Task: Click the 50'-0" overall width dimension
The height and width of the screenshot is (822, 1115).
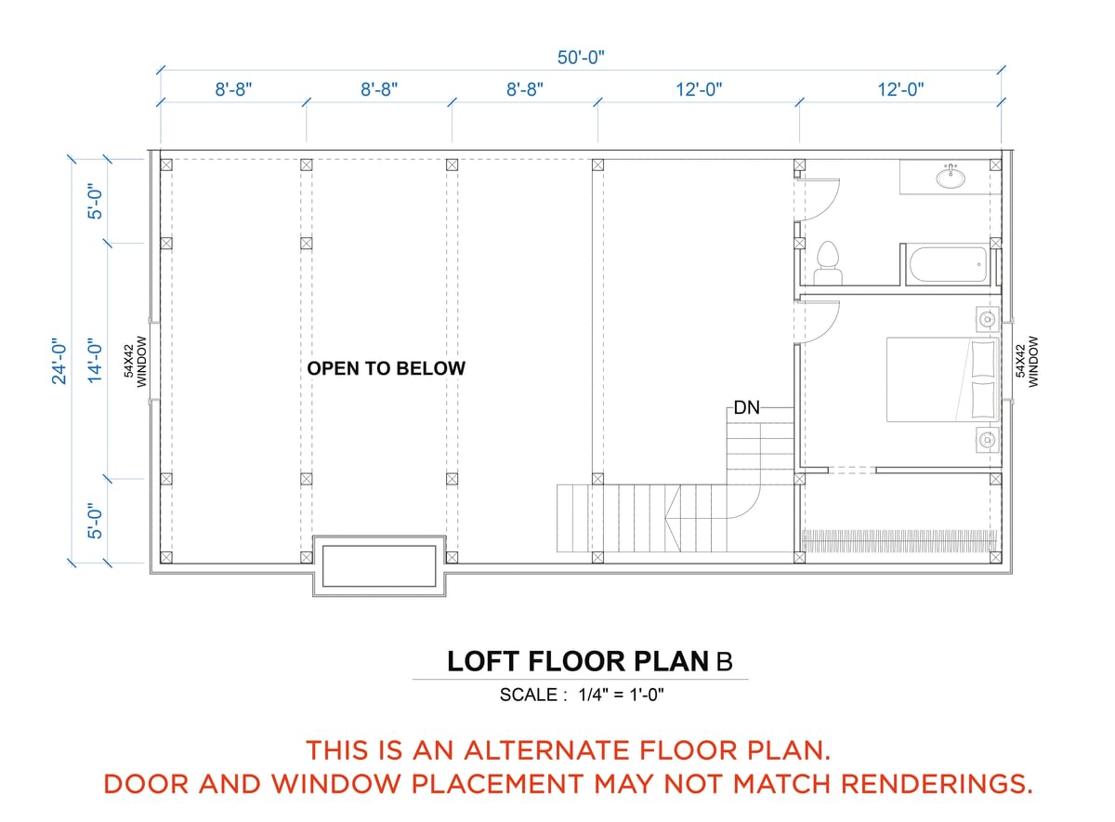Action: tap(581, 58)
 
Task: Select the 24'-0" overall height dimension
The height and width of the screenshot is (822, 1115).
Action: tap(59, 361)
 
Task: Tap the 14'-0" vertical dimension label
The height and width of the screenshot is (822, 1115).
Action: tap(95, 361)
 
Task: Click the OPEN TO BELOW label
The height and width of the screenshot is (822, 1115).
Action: tap(387, 368)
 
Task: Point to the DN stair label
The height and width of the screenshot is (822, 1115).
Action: tap(747, 408)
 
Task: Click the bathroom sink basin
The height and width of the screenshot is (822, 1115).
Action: tap(951, 178)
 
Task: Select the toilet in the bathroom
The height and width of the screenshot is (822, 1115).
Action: tap(827, 264)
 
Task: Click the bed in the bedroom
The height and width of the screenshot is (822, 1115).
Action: tap(943, 379)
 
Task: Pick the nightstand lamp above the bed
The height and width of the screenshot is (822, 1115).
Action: tap(987, 319)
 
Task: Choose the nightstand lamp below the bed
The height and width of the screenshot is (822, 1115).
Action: tap(987, 440)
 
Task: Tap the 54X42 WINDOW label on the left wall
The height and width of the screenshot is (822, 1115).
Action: tap(136, 362)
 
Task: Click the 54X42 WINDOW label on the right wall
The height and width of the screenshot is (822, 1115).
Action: tap(1027, 362)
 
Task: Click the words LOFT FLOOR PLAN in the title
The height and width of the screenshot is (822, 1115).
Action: tap(578, 661)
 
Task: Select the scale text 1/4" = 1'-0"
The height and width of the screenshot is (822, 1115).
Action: tap(621, 695)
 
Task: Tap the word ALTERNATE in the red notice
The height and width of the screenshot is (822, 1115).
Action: tap(545, 749)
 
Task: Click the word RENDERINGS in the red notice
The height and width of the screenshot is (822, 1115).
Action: tap(937, 784)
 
